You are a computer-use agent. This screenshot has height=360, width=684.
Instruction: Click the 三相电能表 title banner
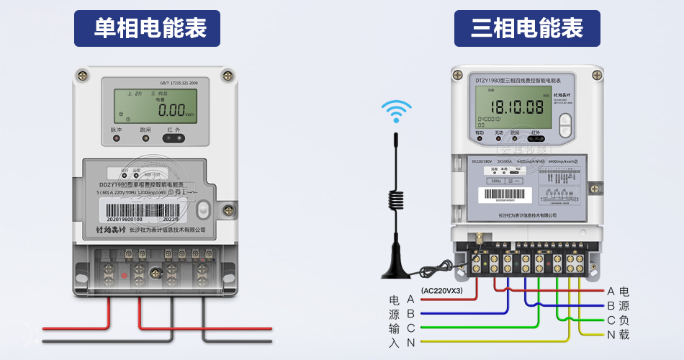tap(527, 28)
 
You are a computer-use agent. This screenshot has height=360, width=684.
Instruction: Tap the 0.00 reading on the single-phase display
tap(172, 110)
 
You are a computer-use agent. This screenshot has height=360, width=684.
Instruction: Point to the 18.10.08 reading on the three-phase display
tap(516, 107)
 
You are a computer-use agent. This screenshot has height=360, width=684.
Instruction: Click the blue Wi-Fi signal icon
tap(396, 112)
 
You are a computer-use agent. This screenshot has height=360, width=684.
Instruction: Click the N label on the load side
tap(611, 334)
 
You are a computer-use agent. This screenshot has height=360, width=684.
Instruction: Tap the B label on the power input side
tap(410, 313)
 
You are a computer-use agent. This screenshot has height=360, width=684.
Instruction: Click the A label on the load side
tap(611, 291)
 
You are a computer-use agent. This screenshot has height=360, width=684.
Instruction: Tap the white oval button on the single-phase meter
tap(203, 210)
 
